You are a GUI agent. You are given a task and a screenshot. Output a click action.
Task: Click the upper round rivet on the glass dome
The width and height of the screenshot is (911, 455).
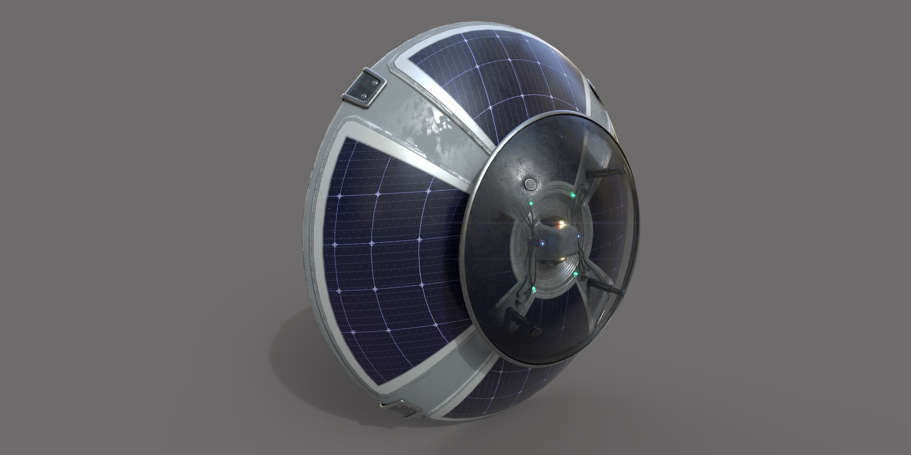[x=530, y=184]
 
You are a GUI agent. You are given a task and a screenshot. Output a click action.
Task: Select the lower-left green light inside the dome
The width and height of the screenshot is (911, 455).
[x=534, y=288]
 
